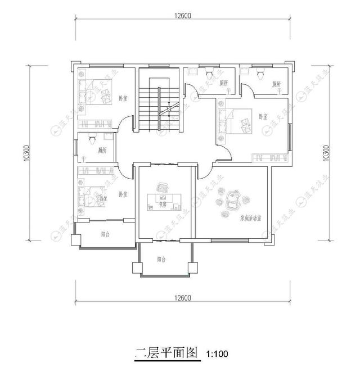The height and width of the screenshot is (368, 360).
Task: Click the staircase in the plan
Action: pyautogui.click(x=159, y=107)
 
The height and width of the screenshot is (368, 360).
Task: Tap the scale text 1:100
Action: pyautogui.click(x=218, y=355)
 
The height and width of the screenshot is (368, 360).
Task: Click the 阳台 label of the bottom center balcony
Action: pyautogui.click(x=162, y=260)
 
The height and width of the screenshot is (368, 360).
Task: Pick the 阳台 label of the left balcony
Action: pyautogui.click(x=105, y=234)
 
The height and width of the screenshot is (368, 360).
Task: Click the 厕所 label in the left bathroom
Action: pyautogui.click(x=102, y=151)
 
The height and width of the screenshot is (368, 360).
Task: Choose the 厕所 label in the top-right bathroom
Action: pyautogui.click(x=276, y=84)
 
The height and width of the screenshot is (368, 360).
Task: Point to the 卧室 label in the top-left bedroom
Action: pyautogui.click(x=123, y=98)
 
